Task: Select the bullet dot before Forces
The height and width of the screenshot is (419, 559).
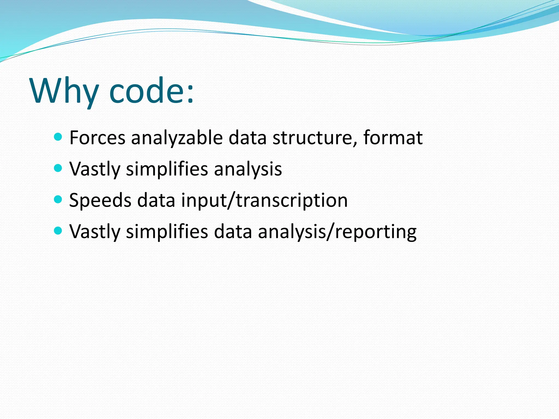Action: point(58,137)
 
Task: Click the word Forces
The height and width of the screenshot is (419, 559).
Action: point(97,137)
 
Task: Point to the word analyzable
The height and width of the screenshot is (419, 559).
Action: point(177,137)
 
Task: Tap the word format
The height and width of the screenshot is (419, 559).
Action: point(393,137)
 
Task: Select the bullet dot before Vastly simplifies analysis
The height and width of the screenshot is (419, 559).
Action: point(58,168)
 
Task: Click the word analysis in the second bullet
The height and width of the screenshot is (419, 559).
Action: point(248,169)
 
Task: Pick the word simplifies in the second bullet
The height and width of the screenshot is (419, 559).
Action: point(167,169)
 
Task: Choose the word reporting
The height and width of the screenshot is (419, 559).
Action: point(376,232)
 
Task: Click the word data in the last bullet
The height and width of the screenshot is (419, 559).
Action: point(233,232)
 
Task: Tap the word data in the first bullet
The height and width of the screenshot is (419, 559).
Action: point(247,137)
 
